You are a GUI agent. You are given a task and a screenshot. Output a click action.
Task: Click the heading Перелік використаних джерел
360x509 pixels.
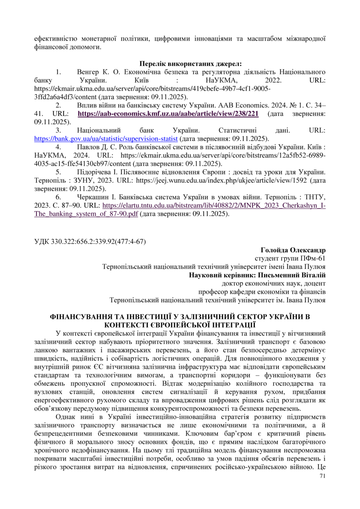pyautogui.click(x=191, y=64)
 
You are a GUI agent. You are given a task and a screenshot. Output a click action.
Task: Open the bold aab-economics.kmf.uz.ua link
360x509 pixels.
pyautogui.click(x=168, y=113)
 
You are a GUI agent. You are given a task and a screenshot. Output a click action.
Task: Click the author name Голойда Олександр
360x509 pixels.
pyautogui.click(x=293, y=250)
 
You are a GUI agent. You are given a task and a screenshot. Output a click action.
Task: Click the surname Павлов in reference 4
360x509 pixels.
pyautogui.click(x=87, y=146)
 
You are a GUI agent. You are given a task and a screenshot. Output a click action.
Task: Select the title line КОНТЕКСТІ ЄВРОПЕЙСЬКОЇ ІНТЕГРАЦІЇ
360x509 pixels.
pyautogui.click(x=180, y=324)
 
